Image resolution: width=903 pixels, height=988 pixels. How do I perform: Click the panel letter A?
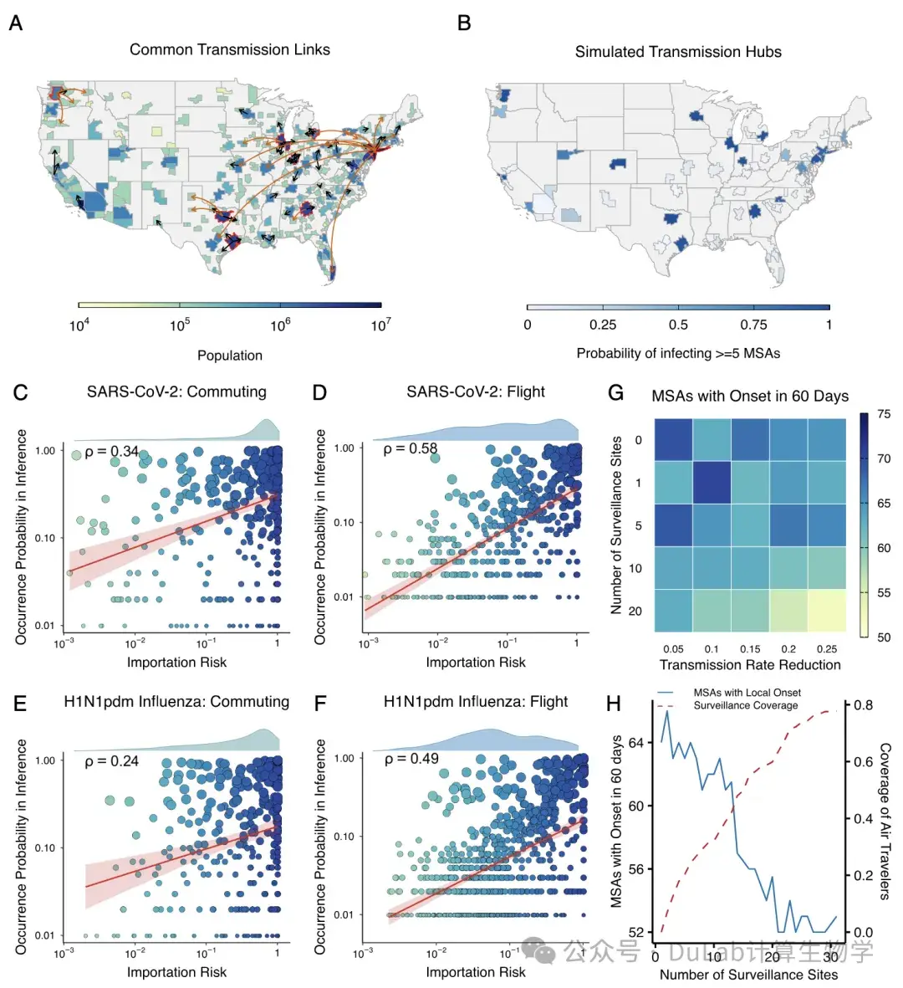tap(16, 23)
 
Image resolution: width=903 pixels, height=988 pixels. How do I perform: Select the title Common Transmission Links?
tap(230, 50)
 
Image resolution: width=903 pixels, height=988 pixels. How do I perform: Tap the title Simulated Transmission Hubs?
tap(678, 52)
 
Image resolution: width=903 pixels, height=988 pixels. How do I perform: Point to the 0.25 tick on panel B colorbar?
tap(603, 325)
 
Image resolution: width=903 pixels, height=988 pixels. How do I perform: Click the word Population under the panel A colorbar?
tap(230, 356)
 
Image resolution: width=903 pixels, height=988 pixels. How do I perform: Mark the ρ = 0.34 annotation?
tap(111, 451)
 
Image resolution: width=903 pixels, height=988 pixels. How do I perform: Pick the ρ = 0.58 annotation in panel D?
tap(410, 448)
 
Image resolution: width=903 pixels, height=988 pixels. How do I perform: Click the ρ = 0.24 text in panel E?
tap(111, 761)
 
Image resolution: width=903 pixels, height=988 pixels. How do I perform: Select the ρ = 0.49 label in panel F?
tap(411, 759)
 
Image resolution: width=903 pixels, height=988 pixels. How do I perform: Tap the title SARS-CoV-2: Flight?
tap(476, 392)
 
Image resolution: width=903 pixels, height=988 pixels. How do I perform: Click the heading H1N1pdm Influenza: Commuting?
tap(176, 702)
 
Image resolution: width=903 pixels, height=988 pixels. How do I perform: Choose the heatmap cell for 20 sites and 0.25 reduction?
tap(827, 611)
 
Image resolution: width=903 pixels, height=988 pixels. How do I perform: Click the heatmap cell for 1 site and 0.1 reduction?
tap(712, 483)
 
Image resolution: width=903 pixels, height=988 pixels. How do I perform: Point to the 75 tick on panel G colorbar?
tap(884, 414)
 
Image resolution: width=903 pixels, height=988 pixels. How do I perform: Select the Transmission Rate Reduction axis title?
tap(750, 665)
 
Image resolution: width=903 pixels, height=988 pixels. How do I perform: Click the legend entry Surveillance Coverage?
tap(746, 705)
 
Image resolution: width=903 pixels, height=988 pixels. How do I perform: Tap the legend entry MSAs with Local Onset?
tap(747, 693)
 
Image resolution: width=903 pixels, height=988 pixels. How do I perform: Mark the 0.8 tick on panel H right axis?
tap(864, 705)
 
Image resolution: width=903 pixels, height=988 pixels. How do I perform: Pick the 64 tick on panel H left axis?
tap(636, 743)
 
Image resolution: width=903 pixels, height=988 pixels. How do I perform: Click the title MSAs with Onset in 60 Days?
tap(750, 397)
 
